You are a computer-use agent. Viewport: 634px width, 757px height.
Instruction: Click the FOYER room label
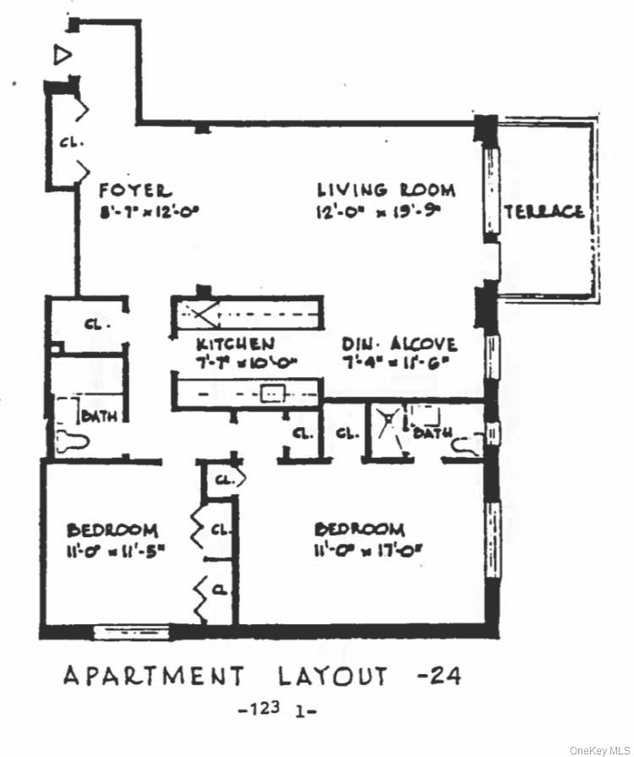(135, 190)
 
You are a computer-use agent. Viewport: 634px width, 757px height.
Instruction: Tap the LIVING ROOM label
(385, 190)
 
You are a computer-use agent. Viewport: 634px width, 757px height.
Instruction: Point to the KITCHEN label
(235, 344)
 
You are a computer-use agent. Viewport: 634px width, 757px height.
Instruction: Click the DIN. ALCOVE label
(399, 344)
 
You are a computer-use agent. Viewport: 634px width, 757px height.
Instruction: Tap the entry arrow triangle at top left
(62, 56)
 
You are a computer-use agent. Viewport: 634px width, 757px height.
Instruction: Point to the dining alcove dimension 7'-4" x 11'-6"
(399, 364)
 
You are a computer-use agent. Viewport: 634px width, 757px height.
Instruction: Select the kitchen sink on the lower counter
(272, 393)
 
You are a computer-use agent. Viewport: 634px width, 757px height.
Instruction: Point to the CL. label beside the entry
(72, 144)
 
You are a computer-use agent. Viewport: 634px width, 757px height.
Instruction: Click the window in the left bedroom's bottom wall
(131, 632)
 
